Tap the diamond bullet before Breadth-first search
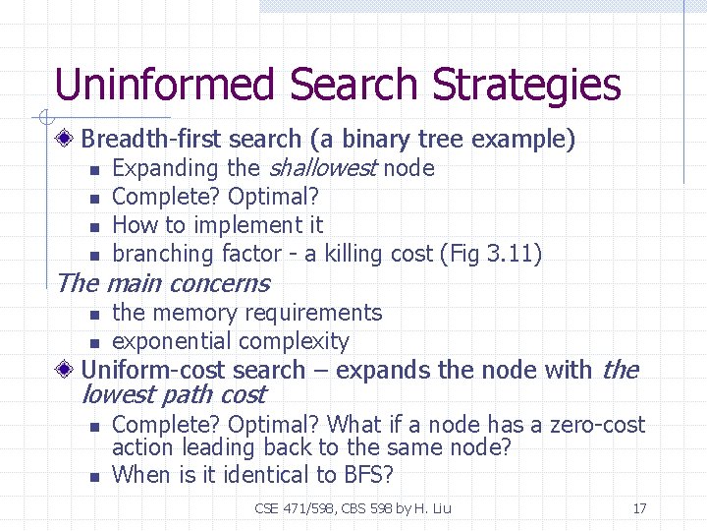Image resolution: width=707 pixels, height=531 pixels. click(x=65, y=140)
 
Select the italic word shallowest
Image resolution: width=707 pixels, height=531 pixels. click(x=322, y=168)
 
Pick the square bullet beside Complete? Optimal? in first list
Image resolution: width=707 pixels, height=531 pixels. click(x=94, y=199)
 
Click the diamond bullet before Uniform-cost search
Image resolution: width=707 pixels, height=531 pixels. click(x=65, y=371)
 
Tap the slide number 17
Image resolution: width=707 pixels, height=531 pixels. click(x=639, y=508)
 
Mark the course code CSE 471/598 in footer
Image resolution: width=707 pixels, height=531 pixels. click(x=293, y=508)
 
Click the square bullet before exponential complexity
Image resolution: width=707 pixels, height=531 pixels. click(x=94, y=343)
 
